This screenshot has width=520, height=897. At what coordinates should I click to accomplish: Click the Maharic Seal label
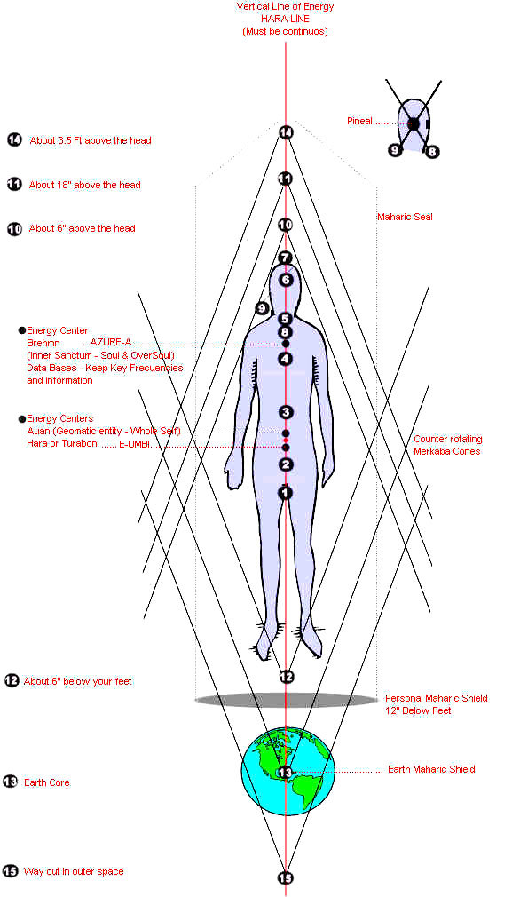(x=405, y=217)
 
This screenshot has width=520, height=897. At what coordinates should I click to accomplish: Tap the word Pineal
(x=360, y=121)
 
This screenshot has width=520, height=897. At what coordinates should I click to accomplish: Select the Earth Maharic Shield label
(x=431, y=769)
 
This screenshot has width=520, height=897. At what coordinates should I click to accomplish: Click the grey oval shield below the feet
(x=286, y=700)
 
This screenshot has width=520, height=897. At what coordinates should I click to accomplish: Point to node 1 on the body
(x=285, y=493)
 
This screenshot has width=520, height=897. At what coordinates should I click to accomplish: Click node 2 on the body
(x=286, y=464)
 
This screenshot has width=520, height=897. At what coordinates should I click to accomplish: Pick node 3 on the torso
(x=286, y=412)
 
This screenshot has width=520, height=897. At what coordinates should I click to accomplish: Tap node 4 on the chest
(x=285, y=360)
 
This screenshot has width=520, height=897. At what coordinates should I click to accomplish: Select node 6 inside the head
(x=285, y=281)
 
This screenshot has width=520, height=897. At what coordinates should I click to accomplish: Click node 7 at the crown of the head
(x=285, y=258)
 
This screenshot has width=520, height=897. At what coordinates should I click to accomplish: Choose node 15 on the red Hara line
(x=285, y=878)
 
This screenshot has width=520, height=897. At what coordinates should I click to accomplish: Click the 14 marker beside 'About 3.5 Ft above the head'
(x=14, y=139)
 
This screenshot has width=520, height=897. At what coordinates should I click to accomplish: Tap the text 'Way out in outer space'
(x=74, y=872)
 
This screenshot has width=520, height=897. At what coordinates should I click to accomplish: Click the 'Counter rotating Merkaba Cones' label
(x=447, y=445)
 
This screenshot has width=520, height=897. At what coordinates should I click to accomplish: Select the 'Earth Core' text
(x=47, y=782)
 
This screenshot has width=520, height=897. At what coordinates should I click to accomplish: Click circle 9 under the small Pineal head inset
(x=394, y=150)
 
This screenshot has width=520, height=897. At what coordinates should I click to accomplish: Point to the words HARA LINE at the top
(x=285, y=19)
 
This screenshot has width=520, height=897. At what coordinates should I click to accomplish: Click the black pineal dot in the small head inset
(x=414, y=123)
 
